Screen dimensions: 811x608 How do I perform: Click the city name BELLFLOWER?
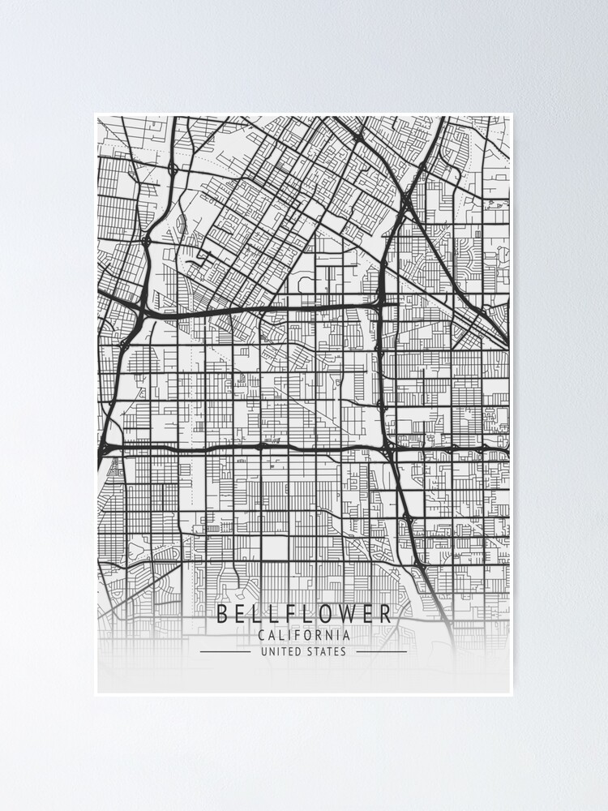coord(304,614)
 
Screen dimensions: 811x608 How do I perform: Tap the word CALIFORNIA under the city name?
coord(304,635)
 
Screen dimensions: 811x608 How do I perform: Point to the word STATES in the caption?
coord(327,651)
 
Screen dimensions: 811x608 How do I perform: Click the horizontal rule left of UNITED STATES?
coord(225,651)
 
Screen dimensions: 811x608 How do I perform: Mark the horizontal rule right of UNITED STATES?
coord(381,651)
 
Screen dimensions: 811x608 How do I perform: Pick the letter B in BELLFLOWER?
coord(222,614)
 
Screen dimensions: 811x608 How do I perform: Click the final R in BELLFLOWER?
coord(385,614)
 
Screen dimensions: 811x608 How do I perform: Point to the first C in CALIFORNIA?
coord(260,635)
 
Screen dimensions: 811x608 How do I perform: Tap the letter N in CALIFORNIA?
coord(327,635)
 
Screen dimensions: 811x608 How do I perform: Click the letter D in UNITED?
coord(299,651)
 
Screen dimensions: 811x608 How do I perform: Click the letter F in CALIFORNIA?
coord(292,635)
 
